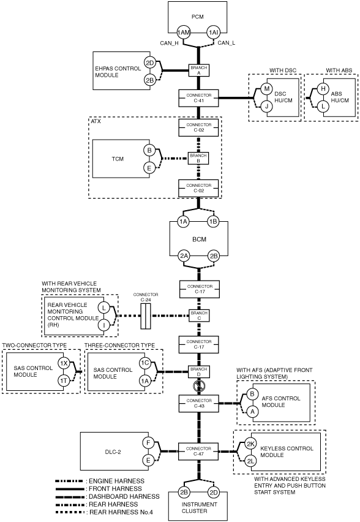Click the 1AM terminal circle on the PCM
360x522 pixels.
(183, 32)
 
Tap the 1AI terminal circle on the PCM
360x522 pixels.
(213, 32)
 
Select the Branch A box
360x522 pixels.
(199, 70)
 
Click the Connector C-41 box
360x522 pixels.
(198, 98)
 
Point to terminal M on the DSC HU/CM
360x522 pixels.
(266, 89)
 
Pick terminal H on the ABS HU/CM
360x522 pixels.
(323, 89)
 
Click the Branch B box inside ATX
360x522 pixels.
(198, 158)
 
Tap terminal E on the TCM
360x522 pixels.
(149, 168)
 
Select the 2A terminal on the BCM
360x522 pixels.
(184, 256)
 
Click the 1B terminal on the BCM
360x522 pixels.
(213, 221)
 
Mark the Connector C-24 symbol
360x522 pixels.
(145, 316)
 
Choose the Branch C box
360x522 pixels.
(199, 316)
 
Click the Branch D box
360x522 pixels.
(199, 371)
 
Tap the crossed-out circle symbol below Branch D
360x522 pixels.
(199, 386)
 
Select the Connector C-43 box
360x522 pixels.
(198, 403)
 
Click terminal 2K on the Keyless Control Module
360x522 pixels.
(250, 444)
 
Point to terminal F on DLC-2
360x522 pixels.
(148, 443)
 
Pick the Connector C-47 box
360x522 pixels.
(198, 451)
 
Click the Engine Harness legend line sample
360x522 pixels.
(69, 481)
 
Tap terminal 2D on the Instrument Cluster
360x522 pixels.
(213, 493)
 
